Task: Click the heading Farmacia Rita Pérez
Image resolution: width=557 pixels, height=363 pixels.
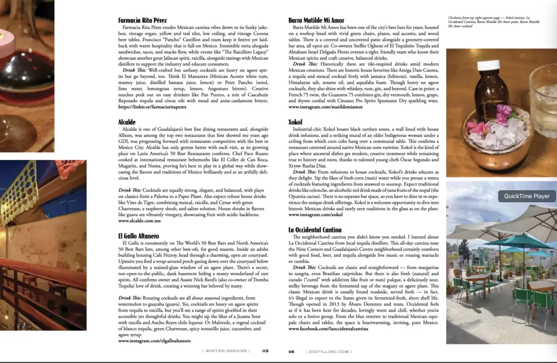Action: coord(143,21)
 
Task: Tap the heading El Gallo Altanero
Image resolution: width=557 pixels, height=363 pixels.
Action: coord(139,236)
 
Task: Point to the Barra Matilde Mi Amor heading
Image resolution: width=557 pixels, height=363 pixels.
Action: coord(316,21)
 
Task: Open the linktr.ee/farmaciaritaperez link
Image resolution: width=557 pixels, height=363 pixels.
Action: coord(152,107)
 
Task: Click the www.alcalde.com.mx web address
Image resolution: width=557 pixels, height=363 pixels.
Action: coord(139,221)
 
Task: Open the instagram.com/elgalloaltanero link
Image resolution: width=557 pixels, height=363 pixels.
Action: coord(154,340)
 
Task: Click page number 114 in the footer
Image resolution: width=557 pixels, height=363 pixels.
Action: coord(292,352)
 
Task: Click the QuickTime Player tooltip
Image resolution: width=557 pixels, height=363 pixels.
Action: coord(526,196)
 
